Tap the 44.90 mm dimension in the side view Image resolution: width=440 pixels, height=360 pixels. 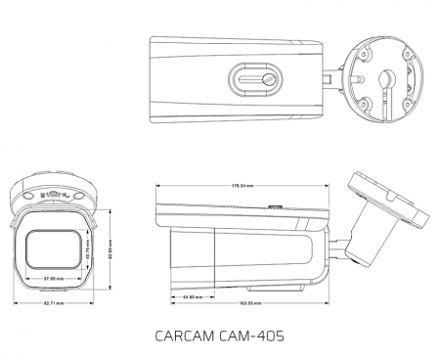click(192, 296)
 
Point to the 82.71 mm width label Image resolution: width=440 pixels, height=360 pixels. click(54, 304)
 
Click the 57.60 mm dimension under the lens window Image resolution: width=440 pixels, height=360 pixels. click(55, 280)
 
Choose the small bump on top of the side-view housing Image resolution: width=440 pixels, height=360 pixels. click(275, 206)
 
